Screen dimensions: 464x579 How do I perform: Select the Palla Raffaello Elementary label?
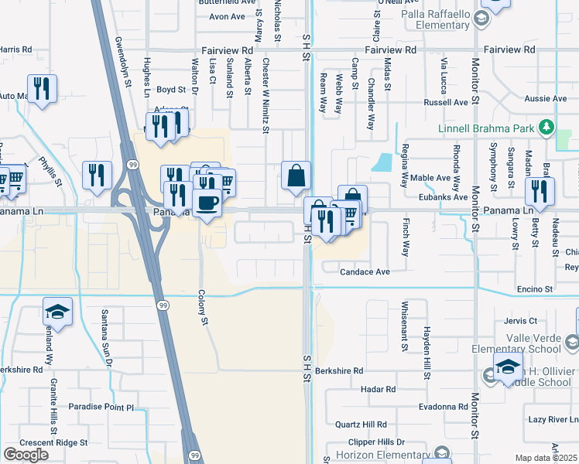pyautogui.click(x=431, y=19)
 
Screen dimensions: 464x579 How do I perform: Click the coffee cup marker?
pyautogui.click(x=207, y=203)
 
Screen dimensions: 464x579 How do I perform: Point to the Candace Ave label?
pyautogui.click(x=364, y=272)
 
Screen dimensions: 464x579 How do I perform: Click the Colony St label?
pyautogui.click(x=205, y=308)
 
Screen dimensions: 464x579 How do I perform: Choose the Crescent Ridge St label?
pyautogui.click(x=53, y=442)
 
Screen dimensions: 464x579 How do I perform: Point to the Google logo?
pyautogui.click(x=26, y=455)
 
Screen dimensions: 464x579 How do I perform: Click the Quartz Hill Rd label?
pyautogui.click(x=360, y=425)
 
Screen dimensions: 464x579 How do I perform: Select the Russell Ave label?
pyautogui.click(x=445, y=102)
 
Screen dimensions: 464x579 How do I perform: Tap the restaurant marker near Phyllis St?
pyautogui.click(x=97, y=175)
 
